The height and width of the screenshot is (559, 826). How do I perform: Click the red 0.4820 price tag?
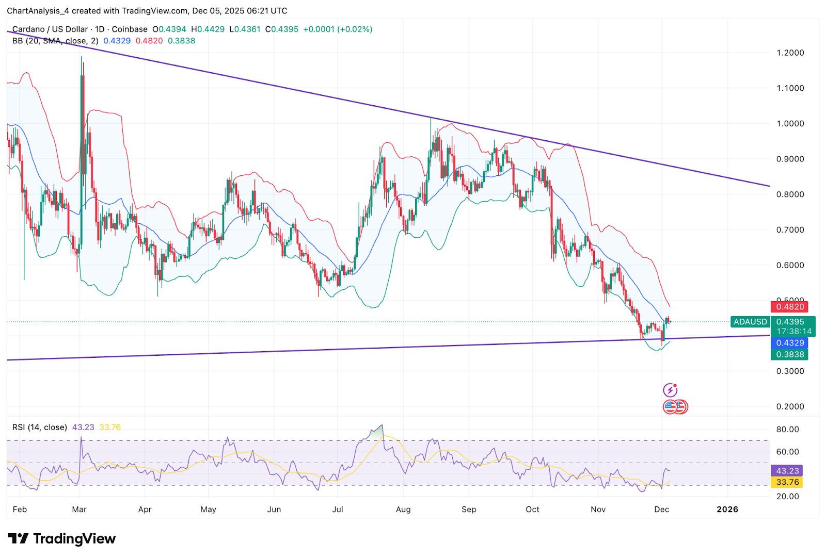(789, 307)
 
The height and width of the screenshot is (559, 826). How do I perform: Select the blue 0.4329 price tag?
(789, 343)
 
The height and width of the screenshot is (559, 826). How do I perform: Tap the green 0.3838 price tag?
(789, 354)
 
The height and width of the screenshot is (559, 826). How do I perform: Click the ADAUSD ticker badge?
(750, 322)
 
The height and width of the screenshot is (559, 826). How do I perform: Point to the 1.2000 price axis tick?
(790, 53)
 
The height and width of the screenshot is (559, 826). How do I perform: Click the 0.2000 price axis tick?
(790, 406)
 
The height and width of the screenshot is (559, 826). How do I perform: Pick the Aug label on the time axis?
(403, 509)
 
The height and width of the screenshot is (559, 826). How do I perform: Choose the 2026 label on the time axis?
(727, 509)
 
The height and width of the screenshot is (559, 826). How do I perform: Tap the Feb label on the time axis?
(20, 509)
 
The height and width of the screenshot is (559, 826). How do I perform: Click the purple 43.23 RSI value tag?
(787, 471)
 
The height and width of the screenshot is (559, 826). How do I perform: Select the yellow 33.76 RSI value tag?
(787, 482)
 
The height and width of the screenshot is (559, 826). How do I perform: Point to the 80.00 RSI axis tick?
(787, 429)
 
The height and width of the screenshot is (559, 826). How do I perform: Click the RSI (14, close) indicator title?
(40, 428)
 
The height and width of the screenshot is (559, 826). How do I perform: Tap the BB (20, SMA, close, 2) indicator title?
(55, 41)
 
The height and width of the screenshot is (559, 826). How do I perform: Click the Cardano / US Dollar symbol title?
(50, 29)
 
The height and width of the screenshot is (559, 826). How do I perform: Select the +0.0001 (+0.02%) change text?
(338, 29)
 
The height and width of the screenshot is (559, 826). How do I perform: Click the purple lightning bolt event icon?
(670, 390)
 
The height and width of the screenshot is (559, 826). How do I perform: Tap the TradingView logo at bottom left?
(61, 539)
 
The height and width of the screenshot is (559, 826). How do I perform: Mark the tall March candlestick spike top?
(82, 58)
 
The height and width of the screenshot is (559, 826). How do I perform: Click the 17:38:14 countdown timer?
(793, 332)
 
